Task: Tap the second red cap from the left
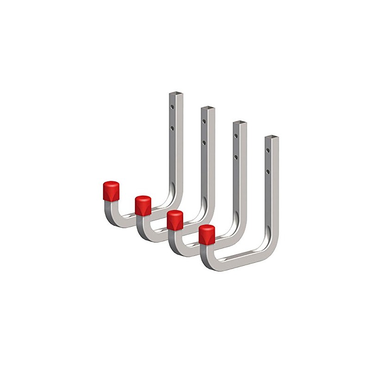(x=143, y=205)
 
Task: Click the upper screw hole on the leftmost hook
(x=172, y=107)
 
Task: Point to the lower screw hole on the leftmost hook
(x=172, y=126)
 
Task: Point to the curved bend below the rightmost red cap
(x=206, y=260)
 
